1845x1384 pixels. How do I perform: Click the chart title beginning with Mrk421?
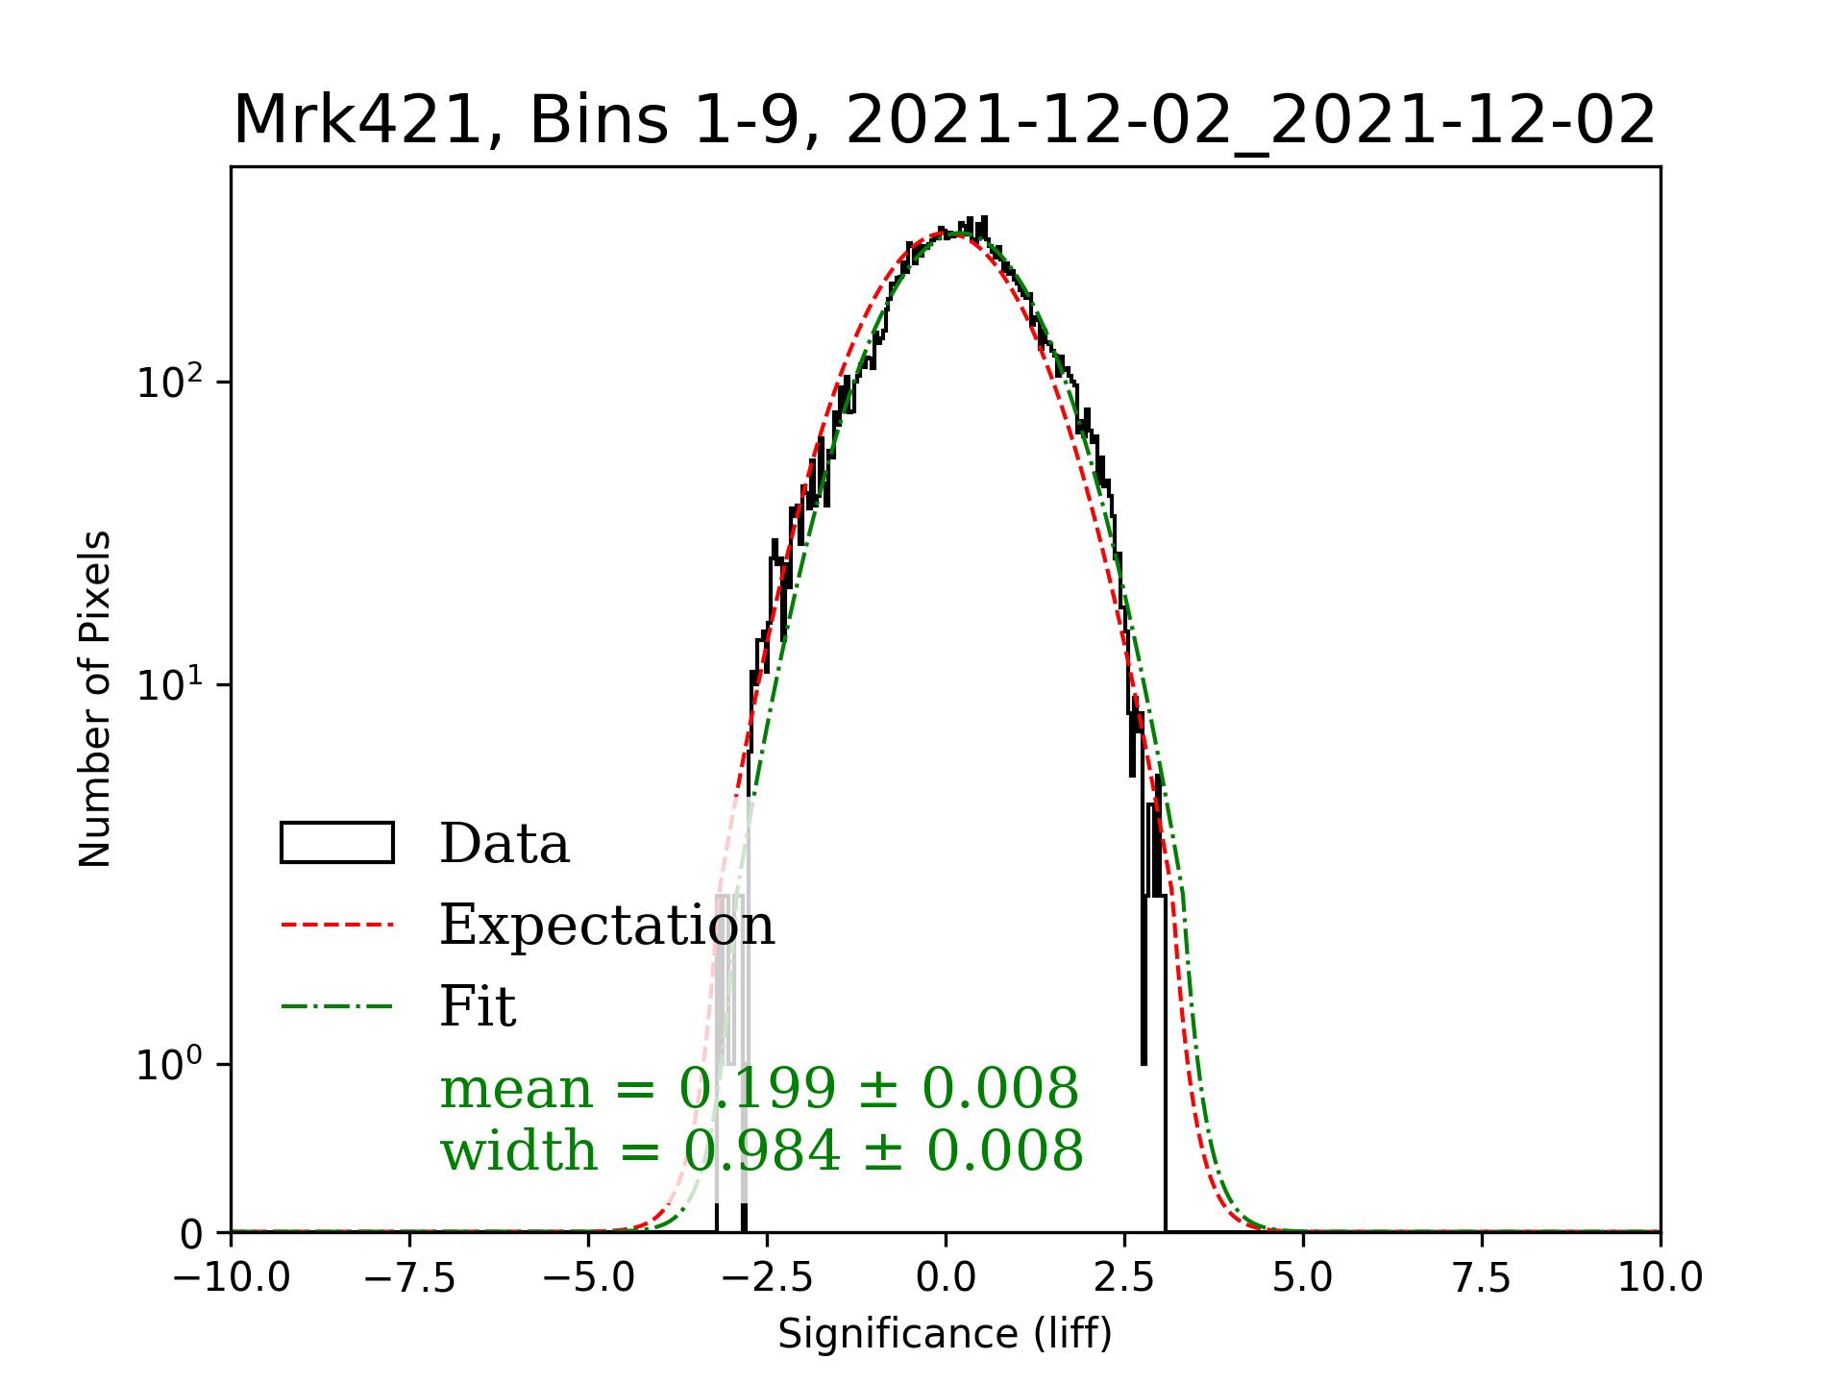click(x=945, y=121)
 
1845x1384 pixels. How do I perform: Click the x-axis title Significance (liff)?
click(x=945, y=1334)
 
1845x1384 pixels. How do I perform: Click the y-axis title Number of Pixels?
click(x=95, y=699)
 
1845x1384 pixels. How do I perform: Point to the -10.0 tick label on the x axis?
click(x=232, y=1277)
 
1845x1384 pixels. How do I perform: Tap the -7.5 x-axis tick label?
click(x=410, y=1277)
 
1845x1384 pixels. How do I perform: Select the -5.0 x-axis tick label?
click(x=589, y=1277)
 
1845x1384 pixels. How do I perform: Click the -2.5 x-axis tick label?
click(x=767, y=1277)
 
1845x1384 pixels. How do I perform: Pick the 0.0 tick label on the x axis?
click(x=946, y=1277)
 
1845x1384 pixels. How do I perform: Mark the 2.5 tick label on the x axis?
click(x=1124, y=1277)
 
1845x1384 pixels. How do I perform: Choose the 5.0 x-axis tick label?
click(x=1303, y=1277)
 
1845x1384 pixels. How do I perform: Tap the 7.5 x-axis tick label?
click(x=1482, y=1277)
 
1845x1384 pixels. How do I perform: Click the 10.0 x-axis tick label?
click(x=1660, y=1277)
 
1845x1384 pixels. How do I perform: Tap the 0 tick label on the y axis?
click(x=192, y=1234)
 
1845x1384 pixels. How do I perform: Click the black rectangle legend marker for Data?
click(x=336, y=843)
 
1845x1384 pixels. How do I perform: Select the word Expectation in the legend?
click(x=606, y=925)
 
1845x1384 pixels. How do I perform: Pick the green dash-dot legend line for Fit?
click(x=336, y=1007)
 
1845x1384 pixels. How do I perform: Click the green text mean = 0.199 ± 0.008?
click(x=759, y=1089)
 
